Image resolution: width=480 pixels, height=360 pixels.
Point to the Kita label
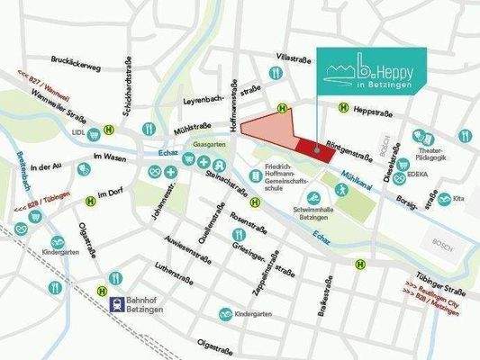tap(458, 198)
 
